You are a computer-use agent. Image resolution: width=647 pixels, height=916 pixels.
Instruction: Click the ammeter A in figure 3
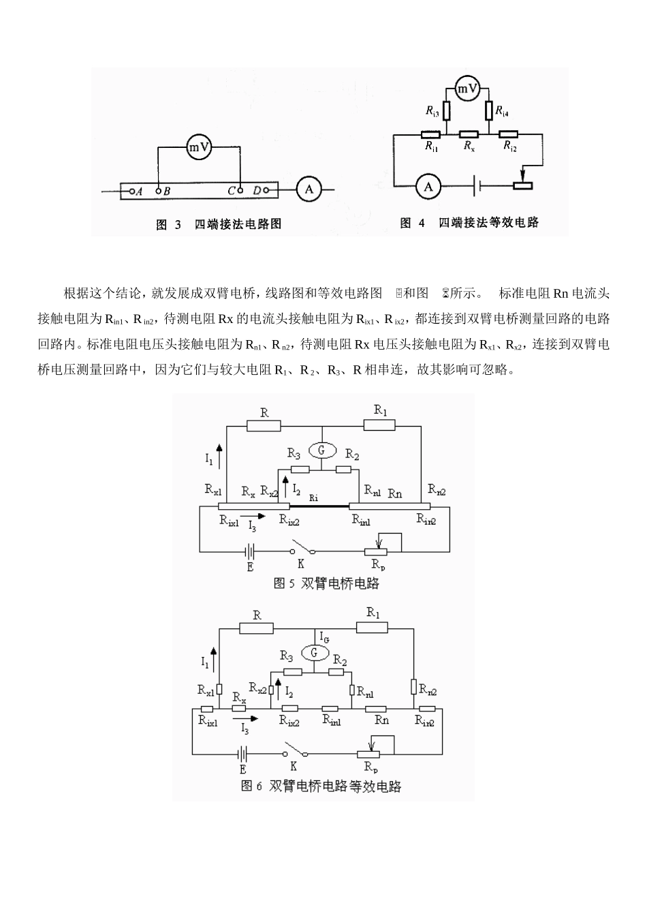coord(309,189)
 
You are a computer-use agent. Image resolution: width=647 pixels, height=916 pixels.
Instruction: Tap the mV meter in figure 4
coord(468,88)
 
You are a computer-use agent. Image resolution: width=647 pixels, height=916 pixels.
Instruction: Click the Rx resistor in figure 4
coord(469,134)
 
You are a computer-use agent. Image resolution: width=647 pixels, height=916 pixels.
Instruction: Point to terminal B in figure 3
coord(159,192)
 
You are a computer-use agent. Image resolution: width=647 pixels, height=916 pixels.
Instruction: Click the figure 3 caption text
coord(219,224)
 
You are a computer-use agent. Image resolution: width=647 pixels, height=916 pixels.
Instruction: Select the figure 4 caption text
coord(470,223)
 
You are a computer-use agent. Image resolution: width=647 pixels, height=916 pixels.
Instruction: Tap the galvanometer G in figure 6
coord(314,653)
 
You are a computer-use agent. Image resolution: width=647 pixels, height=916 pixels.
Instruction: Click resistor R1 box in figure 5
coord(379,425)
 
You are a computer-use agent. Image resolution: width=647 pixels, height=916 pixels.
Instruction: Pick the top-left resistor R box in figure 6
coord(257,628)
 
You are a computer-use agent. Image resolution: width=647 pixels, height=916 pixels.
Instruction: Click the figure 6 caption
coord(321,786)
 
